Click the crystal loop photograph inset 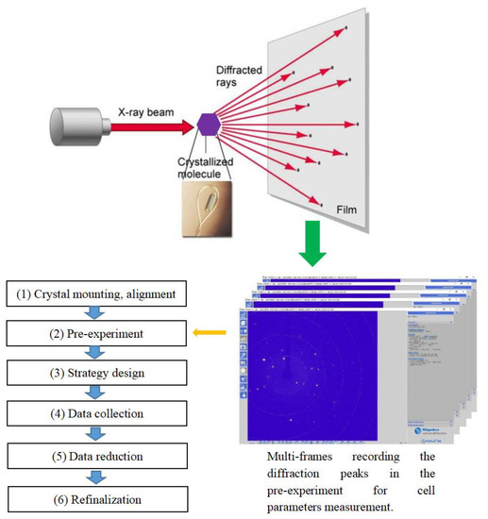click(212, 202)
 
